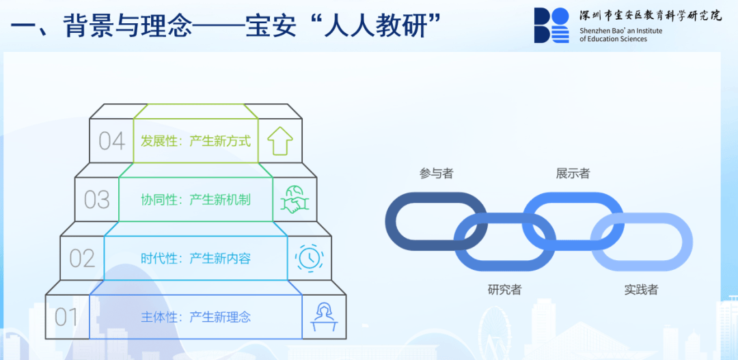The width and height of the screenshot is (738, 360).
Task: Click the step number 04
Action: tap(112, 141)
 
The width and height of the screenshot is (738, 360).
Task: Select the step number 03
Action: tap(97, 199)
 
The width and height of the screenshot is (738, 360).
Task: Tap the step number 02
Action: tap(83, 258)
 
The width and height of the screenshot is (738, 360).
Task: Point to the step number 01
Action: tap(66, 317)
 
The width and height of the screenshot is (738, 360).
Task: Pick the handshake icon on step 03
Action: tap(295, 199)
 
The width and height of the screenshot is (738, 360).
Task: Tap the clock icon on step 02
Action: tap(310, 258)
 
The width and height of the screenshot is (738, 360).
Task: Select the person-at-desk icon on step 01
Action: tap(324, 317)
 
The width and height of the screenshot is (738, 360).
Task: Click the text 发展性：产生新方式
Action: tap(196, 141)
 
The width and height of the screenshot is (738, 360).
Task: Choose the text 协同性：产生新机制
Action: tap(196, 199)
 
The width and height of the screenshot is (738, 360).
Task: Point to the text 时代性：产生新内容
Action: tap(196, 258)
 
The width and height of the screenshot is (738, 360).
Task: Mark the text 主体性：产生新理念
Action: tap(196, 317)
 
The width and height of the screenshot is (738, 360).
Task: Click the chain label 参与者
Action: tap(436, 174)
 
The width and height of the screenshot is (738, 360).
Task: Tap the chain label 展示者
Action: tap(573, 174)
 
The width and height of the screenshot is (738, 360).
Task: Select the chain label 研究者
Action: tap(504, 290)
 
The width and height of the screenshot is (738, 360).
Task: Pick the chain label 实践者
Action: tap(642, 290)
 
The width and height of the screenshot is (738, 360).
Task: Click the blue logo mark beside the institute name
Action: tap(551, 25)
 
